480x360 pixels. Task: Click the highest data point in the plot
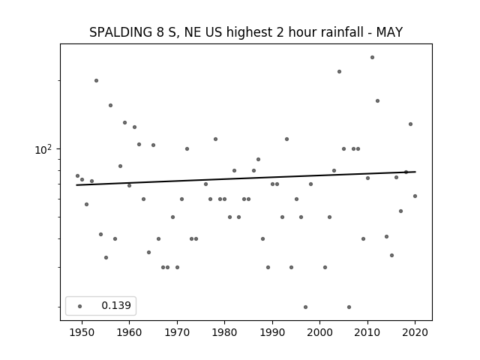[372, 57]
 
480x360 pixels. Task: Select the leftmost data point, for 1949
[77, 175]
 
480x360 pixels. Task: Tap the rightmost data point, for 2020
[415, 196]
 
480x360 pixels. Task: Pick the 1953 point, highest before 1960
[96, 80]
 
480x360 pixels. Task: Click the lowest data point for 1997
[305, 307]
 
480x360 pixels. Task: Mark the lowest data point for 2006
[349, 307]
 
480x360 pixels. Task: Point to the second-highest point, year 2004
[339, 72]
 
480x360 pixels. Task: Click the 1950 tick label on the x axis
[82, 332]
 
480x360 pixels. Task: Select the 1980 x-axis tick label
[224, 332]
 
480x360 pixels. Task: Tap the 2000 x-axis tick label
[320, 332]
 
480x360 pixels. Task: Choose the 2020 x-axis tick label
[415, 332]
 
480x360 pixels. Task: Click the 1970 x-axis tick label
[177, 332]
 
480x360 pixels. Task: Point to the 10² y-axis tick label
[43, 150]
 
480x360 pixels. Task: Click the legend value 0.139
[116, 305]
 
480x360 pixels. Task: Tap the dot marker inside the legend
[80, 306]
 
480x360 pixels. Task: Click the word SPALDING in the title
[121, 32]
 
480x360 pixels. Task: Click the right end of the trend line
[415, 172]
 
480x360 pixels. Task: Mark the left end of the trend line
[76, 185]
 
